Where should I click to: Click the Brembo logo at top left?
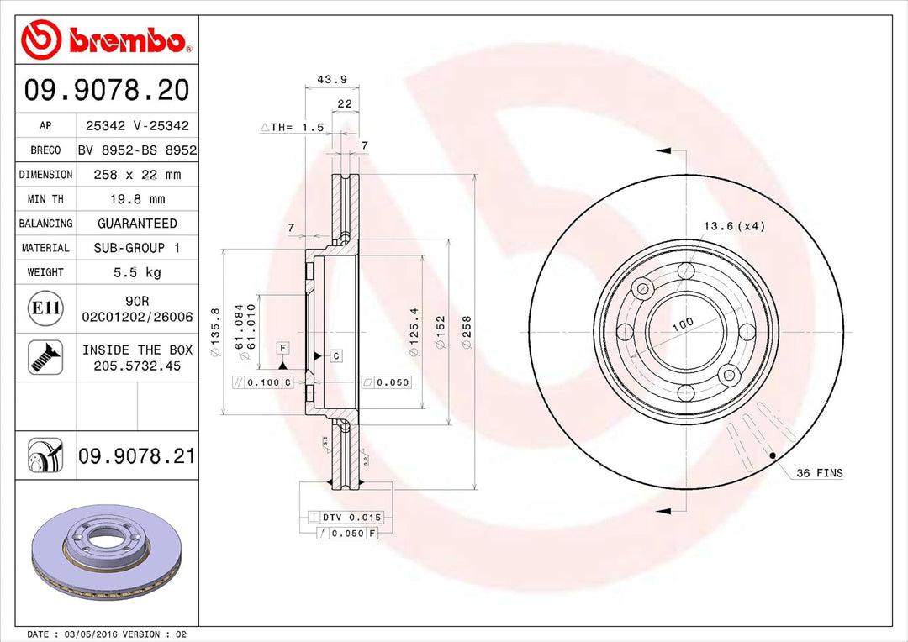(x=105, y=39)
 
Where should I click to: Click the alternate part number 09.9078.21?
(x=136, y=456)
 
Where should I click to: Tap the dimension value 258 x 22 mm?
(x=138, y=175)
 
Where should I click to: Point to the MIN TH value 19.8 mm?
(x=138, y=199)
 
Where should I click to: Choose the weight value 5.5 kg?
(x=138, y=272)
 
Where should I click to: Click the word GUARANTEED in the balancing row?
(x=138, y=224)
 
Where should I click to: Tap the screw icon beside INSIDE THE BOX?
(x=45, y=357)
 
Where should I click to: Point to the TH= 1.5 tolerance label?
(x=292, y=128)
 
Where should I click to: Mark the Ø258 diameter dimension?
(x=467, y=332)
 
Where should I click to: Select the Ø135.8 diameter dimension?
(x=215, y=333)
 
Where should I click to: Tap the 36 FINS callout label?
(x=818, y=473)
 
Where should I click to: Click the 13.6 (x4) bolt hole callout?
(x=733, y=226)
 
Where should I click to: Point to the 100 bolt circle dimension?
(x=682, y=324)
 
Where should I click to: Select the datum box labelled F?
(x=283, y=347)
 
